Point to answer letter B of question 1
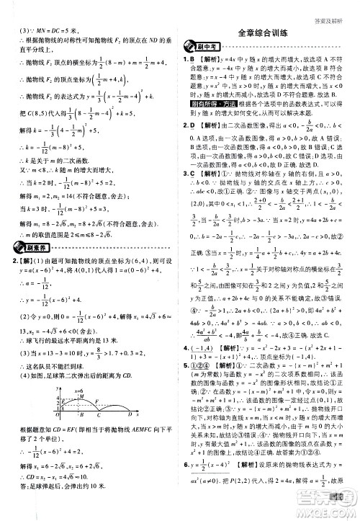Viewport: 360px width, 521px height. pos(194,58)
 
